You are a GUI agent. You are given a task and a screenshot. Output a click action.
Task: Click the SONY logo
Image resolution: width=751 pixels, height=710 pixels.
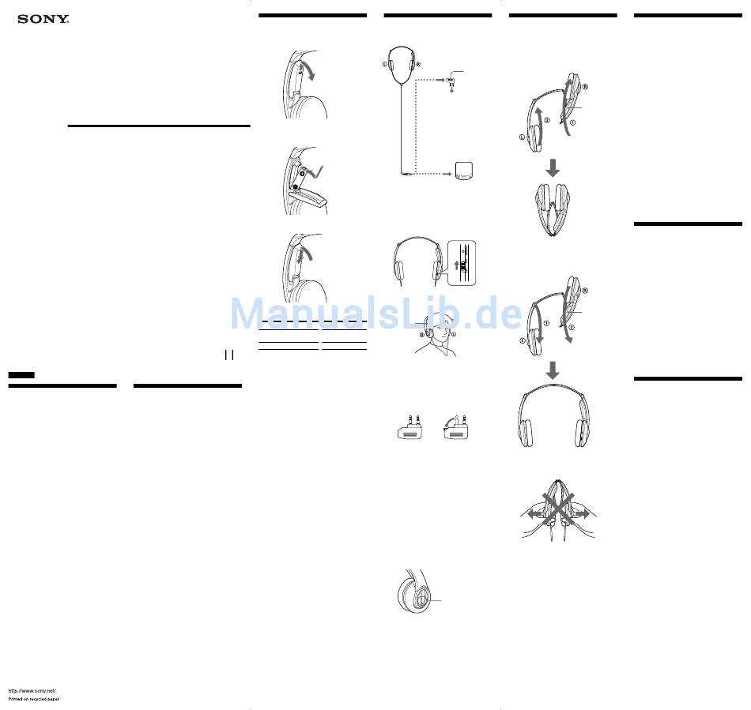(x=43, y=19)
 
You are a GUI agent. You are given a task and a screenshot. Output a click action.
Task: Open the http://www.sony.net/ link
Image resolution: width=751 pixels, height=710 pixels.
(x=32, y=691)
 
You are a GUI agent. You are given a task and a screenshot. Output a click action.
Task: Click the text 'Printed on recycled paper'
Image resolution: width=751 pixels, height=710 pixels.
(x=33, y=700)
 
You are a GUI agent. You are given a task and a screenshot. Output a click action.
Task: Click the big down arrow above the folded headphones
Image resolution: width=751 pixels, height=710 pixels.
(x=553, y=168)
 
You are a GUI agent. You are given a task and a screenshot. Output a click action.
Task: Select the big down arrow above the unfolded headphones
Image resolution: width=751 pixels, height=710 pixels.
(x=553, y=370)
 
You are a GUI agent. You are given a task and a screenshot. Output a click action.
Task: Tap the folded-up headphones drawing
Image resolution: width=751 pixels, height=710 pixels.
(x=553, y=209)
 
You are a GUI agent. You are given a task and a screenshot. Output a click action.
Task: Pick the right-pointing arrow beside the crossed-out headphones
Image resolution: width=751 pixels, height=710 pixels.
(x=581, y=513)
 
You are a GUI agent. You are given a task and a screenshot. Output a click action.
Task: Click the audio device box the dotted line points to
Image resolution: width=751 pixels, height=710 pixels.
(x=463, y=171)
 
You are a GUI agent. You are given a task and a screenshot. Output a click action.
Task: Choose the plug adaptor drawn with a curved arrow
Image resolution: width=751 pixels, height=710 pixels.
(x=455, y=427)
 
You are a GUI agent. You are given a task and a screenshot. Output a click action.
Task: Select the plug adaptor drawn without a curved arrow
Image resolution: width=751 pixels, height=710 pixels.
(x=410, y=427)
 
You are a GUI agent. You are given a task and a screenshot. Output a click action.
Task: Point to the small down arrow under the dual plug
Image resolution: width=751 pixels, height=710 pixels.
(x=451, y=89)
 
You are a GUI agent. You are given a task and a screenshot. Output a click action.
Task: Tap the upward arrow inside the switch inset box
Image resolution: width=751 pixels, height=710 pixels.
(x=456, y=265)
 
